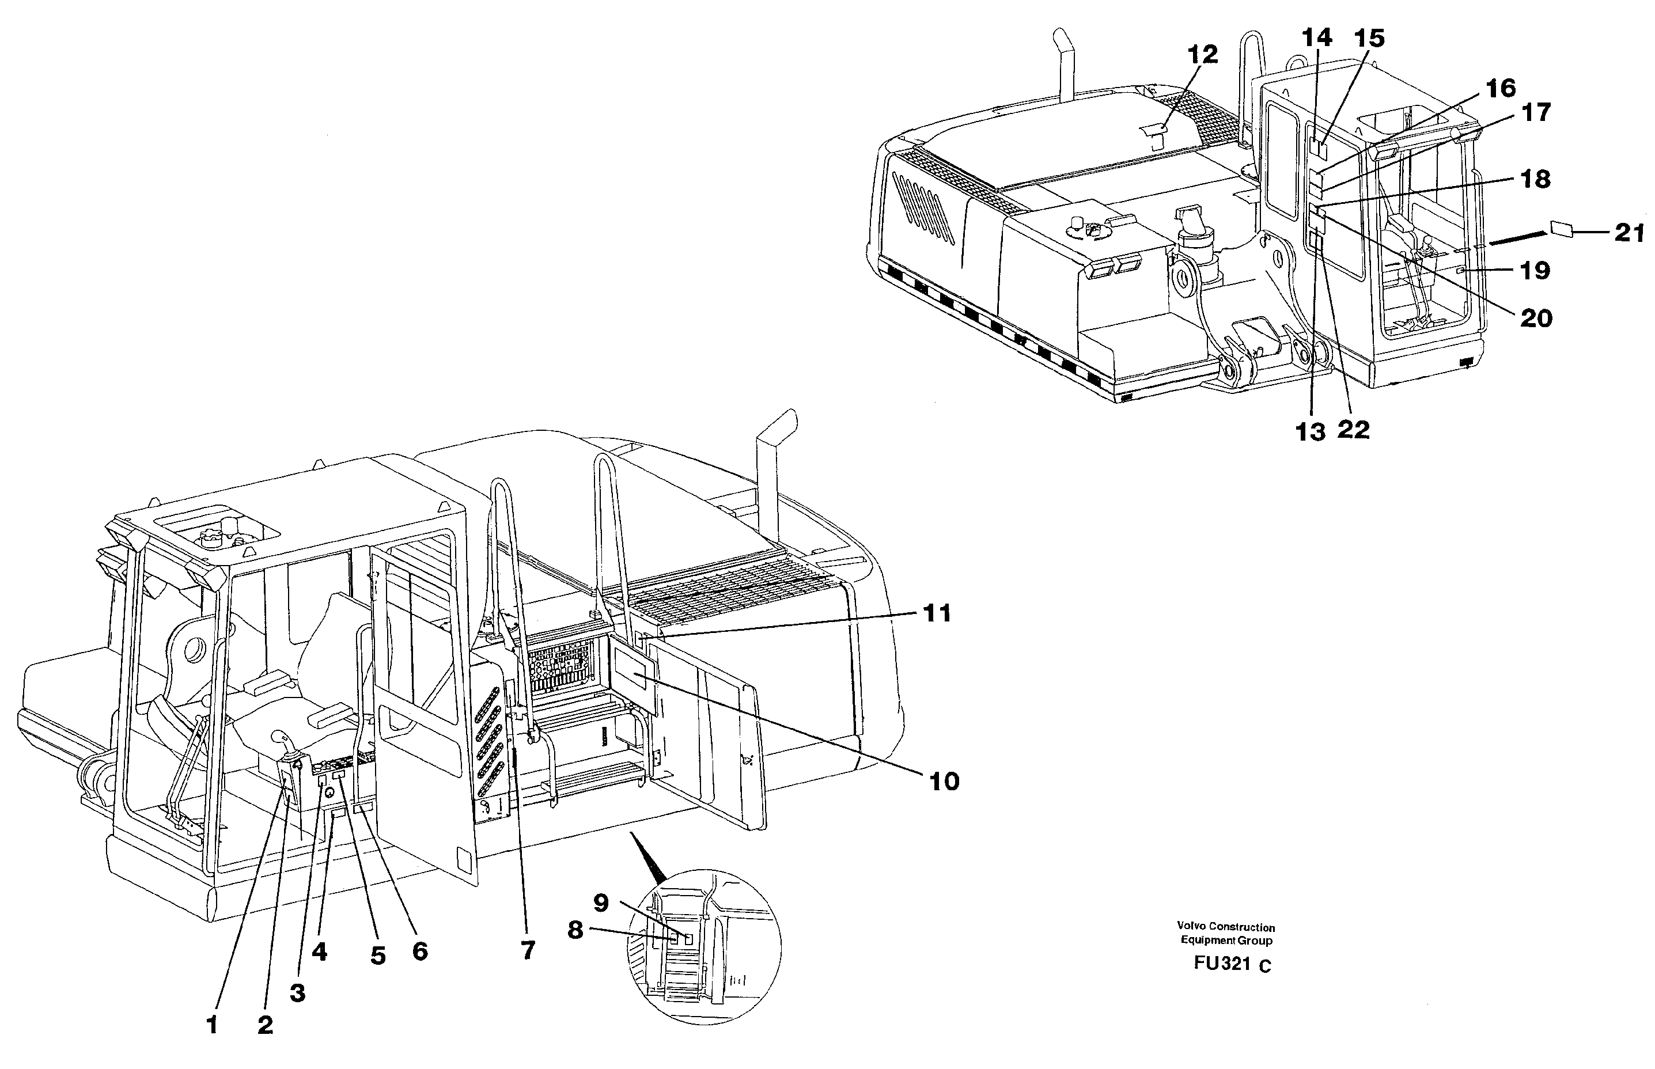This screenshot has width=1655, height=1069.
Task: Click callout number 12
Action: point(1202,54)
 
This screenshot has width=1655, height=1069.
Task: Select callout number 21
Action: point(1629,233)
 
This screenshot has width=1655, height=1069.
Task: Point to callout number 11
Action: point(937,613)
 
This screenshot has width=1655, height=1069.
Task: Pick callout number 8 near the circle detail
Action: point(575,930)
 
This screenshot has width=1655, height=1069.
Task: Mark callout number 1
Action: point(212,1025)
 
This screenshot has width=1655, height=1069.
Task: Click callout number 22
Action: point(1353,430)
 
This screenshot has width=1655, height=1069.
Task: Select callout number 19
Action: point(1535,270)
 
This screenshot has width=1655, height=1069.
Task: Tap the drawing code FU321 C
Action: point(1232,964)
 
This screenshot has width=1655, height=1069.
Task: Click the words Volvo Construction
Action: point(1225,927)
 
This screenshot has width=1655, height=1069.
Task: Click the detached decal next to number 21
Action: point(1560,229)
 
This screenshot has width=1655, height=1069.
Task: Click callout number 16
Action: point(1500,88)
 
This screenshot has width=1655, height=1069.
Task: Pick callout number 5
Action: point(377,956)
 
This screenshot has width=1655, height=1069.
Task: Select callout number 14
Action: point(1316,37)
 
